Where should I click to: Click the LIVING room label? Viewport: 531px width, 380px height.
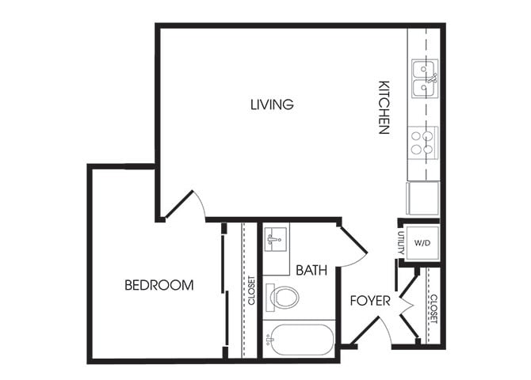click(x=272, y=104)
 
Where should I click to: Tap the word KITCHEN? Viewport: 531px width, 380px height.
click(x=384, y=107)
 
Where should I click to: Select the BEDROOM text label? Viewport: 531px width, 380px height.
click(x=159, y=285)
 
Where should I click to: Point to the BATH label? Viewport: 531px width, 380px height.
click(x=311, y=270)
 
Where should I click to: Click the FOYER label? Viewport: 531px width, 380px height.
click(x=370, y=301)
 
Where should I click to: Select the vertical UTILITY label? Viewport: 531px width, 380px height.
click(x=402, y=243)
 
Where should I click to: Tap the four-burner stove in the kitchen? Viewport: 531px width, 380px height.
click(x=423, y=142)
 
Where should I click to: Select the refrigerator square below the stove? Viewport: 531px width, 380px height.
click(x=422, y=198)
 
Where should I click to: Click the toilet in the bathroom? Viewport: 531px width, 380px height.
click(x=284, y=298)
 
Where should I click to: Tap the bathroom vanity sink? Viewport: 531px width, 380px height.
click(x=275, y=238)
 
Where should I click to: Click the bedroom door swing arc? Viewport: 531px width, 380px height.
click(x=187, y=204)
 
